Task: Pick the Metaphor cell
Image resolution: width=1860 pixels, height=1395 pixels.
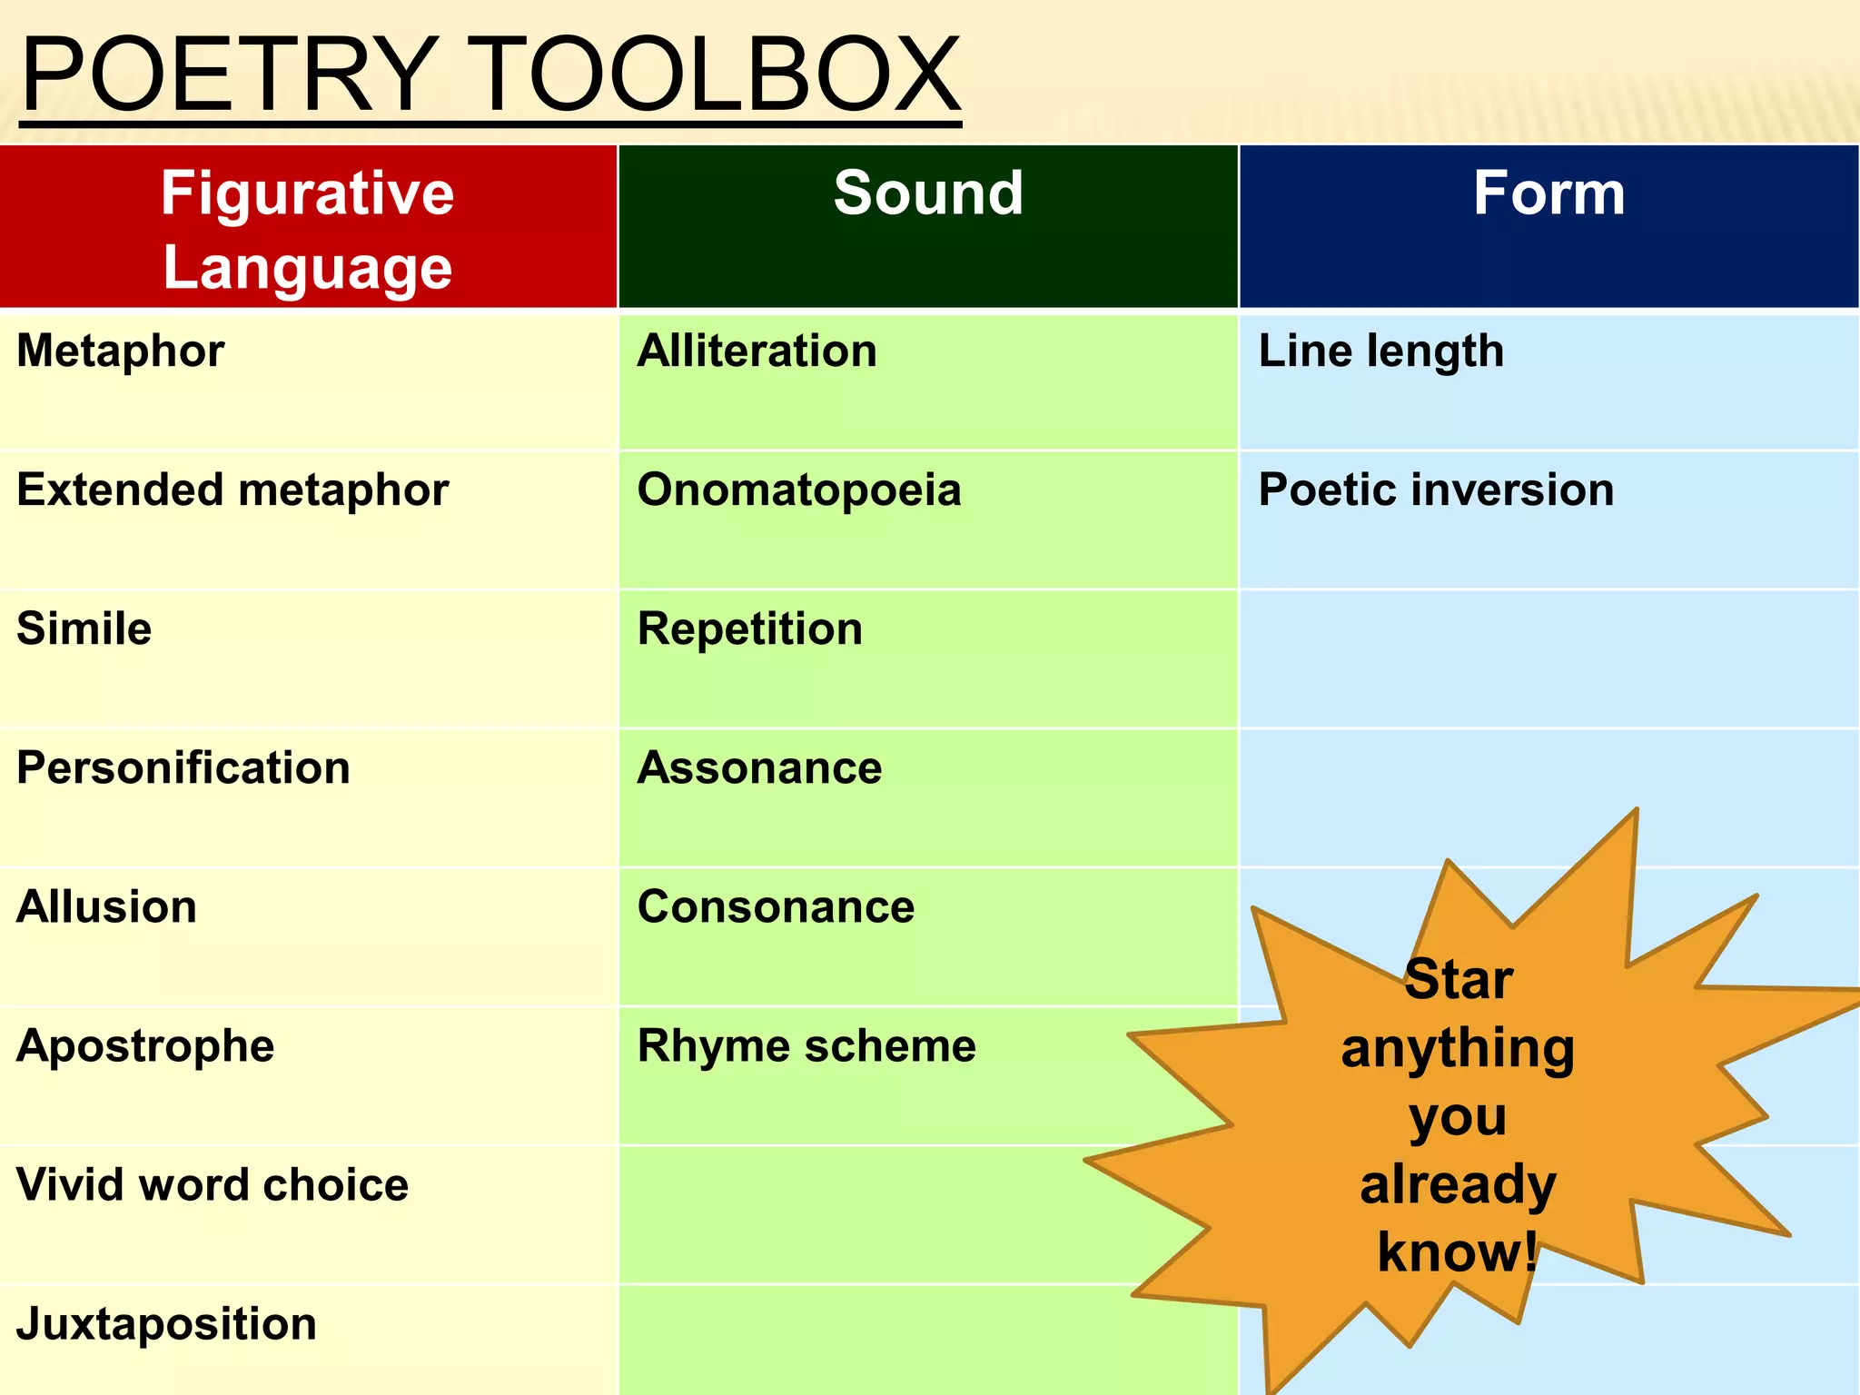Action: [121, 351]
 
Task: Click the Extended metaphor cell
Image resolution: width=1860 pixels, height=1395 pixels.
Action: [232, 490]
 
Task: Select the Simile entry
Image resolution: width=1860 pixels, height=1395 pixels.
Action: [84, 629]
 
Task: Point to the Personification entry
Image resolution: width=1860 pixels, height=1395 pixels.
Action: [183, 768]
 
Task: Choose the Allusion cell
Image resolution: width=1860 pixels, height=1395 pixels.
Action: [107, 907]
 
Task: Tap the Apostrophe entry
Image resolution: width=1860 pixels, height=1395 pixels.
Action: [145, 1046]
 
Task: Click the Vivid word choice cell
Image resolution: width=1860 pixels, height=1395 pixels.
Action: [213, 1185]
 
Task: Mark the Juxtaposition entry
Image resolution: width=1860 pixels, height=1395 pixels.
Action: [167, 1324]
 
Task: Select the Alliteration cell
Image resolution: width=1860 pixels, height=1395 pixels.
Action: [757, 351]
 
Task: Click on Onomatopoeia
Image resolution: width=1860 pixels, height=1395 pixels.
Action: [799, 490]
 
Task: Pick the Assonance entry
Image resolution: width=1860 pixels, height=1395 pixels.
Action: [759, 768]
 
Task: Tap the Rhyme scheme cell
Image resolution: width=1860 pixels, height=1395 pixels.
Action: [806, 1046]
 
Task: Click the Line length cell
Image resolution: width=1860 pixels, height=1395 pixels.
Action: [1380, 351]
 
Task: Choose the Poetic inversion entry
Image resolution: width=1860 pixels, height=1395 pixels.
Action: [1436, 490]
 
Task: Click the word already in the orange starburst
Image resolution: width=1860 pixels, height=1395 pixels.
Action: [1458, 1185]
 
